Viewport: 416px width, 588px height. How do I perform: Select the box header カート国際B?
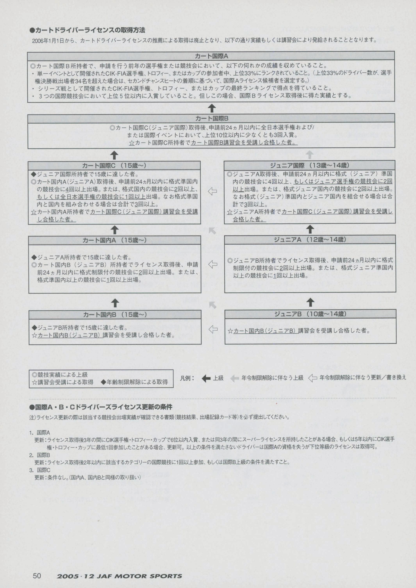coord(211,118)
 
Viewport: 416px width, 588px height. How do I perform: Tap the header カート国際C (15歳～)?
coord(114,166)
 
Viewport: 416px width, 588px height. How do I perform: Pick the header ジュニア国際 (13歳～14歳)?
coord(310,165)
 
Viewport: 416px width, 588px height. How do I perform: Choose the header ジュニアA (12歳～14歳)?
coord(310,240)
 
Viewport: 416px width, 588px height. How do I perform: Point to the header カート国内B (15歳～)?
coord(115,315)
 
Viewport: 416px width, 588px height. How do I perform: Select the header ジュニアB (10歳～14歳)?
coord(310,314)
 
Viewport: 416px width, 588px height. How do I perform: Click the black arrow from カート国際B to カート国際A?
coord(212,108)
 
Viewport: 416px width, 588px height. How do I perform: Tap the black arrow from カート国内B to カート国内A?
coord(115,303)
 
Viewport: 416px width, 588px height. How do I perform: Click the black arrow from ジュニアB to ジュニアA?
coord(310,302)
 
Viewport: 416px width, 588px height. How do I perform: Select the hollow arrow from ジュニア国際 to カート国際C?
coord(212,191)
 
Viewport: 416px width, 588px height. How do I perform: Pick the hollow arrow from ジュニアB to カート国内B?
coord(213,329)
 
